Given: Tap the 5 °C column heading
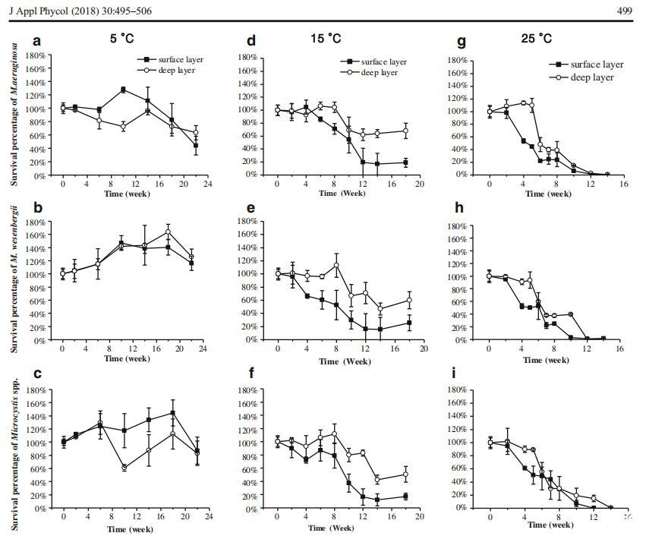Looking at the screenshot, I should click(x=122, y=37).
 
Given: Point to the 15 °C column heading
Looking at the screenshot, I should click(x=327, y=38).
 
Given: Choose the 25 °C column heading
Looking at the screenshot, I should click(x=535, y=38).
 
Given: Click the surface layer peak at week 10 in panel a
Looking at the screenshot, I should click(x=123, y=90).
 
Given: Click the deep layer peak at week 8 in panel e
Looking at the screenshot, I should click(x=336, y=265).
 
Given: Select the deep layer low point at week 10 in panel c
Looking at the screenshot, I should click(x=123, y=468).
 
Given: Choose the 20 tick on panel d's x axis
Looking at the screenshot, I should click(x=420, y=183).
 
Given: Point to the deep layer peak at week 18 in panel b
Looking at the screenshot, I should click(x=169, y=232).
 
